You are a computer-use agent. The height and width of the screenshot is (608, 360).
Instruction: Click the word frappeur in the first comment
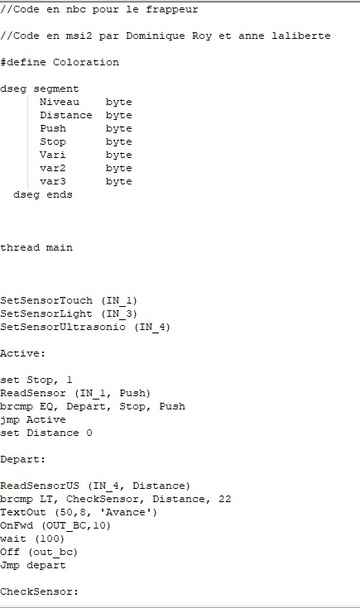pos(172,10)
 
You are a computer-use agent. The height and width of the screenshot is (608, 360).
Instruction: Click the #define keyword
pos(23,62)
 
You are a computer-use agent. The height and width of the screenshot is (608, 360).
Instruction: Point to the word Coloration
pos(86,62)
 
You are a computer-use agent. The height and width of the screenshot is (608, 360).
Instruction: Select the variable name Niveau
pos(60,102)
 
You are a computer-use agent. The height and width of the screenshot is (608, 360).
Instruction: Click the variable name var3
pos(53,181)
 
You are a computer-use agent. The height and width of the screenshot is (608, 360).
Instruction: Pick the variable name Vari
pos(53,156)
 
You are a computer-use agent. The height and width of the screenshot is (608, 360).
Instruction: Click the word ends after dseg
pos(60,194)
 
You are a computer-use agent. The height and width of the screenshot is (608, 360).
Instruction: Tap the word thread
pos(20,247)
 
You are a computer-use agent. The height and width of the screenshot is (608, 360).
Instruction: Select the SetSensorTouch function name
pos(46,300)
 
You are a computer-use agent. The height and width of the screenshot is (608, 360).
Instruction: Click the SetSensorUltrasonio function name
pos(63,327)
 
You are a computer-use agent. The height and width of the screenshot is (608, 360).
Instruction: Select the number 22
pos(224,499)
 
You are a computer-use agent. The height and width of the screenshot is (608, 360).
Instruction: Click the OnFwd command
pos(17,525)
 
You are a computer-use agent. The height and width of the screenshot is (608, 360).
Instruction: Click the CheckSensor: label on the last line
pos(39,591)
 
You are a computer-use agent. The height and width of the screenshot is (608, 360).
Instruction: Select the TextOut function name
pos(23,512)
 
